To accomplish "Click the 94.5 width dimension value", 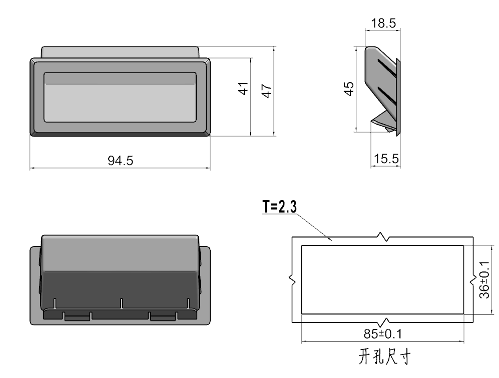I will pyautogui.click(x=121, y=160).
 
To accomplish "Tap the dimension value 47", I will pyautogui.click(x=267, y=90).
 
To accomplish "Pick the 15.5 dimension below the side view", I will pyautogui.click(x=386, y=159).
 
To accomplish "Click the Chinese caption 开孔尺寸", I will pyautogui.click(x=384, y=356).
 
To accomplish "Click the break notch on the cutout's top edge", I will pyautogui.click(x=383, y=236).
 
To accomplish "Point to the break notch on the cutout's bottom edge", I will pyautogui.click(x=384, y=321).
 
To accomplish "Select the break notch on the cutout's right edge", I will pyautogui.click(x=473, y=280).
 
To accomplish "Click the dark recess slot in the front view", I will pyautogui.click(x=120, y=78).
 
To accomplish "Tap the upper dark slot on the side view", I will pyautogui.click(x=386, y=69).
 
